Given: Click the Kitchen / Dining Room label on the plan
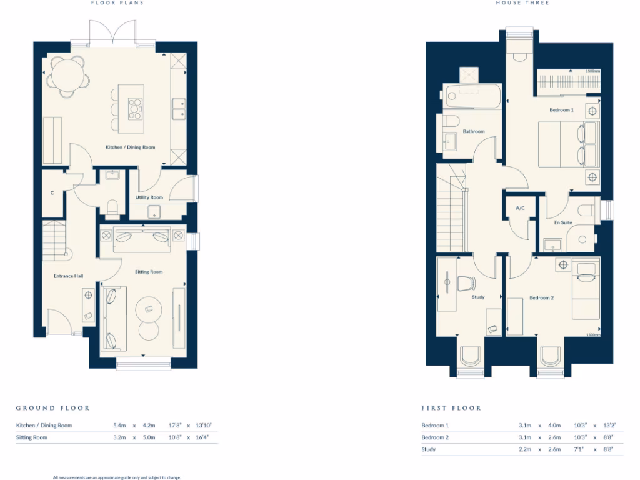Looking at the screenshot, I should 130,147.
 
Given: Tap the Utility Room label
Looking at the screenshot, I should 149,197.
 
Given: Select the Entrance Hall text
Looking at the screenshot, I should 69,276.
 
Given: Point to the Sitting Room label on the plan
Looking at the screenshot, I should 149,272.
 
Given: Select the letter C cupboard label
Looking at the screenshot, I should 52,193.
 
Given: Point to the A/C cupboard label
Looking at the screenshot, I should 519,208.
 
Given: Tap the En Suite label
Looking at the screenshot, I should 562,222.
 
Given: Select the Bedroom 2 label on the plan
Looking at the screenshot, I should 541,298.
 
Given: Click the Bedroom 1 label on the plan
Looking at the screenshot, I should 561,110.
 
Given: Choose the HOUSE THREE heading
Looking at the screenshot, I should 513,3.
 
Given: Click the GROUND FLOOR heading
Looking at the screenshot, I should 53,408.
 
